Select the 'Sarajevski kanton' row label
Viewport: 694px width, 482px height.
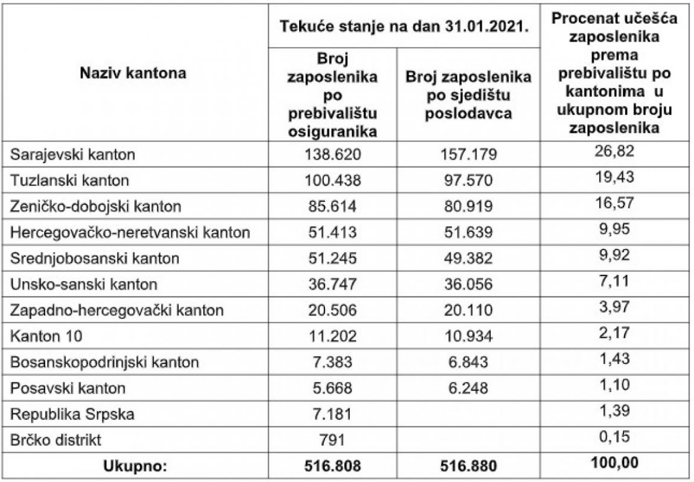point(73,154)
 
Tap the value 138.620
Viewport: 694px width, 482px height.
point(332,154)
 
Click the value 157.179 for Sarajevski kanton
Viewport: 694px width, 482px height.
point(468,154)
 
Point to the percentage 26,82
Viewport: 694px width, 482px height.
point(614,150)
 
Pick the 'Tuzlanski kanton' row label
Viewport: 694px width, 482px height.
point(70,180)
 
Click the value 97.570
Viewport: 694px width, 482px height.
point(468,180)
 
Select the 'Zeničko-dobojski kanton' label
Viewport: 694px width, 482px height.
point(96,206)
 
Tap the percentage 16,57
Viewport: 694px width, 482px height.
point(614,202)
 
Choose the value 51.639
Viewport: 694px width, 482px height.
point(468,232)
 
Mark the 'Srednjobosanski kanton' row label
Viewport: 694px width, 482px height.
point(95,258)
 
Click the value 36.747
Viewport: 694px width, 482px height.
point(332,284)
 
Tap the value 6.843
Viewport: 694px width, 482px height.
point(468,363)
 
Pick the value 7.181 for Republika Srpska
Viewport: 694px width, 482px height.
point(332,415)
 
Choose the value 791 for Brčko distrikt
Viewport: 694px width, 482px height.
point(332,440)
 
